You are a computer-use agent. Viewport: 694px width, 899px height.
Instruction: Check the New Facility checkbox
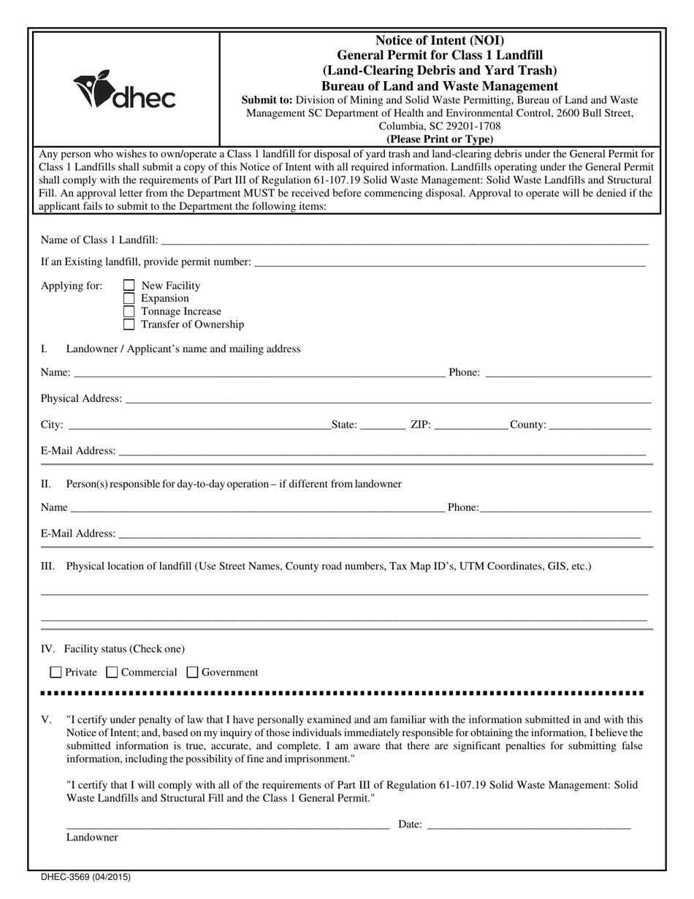pyautogui.click(x=129, y=286)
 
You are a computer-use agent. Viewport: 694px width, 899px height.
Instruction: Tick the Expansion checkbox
pyautogui.click(x=129, y=298)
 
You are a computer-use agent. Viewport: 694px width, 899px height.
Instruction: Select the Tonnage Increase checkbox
pyautogui.click(x=129, y=311)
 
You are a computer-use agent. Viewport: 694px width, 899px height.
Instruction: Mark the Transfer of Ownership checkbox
pyautogui.click(x=129, y=325)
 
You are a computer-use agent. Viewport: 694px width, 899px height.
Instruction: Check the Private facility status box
pyautogui.click(x=56, y=672)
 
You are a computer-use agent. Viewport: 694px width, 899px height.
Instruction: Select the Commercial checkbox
pyautogui.click(x=112, y=672)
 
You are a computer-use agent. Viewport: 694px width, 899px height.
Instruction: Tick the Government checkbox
pyautogui.click(x=193, y=672)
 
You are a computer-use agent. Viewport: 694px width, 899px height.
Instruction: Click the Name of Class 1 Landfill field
pyautogui.click(x=404, y=240)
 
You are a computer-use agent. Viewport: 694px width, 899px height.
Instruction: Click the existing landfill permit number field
pyautogui.click(x=449, y=262)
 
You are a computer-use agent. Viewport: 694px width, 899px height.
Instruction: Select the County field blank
pyautogui.click(x=599, y=425)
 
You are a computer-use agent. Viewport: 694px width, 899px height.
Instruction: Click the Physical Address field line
pyautogui.click(x=388, y=398)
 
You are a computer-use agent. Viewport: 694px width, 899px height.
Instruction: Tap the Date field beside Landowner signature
pyautogui.click(x=528, y=824)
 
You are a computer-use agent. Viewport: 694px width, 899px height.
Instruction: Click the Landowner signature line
pyautogui.click(x=227, y=824)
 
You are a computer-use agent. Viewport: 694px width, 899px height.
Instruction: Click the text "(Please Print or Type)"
pyautogui.click(x=440, y=139)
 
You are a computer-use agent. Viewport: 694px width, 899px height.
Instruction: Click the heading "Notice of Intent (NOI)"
pyautogui.click(x=440, y=40)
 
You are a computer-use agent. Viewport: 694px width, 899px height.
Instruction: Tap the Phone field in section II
pyautogui.click(x=566, y=507)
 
